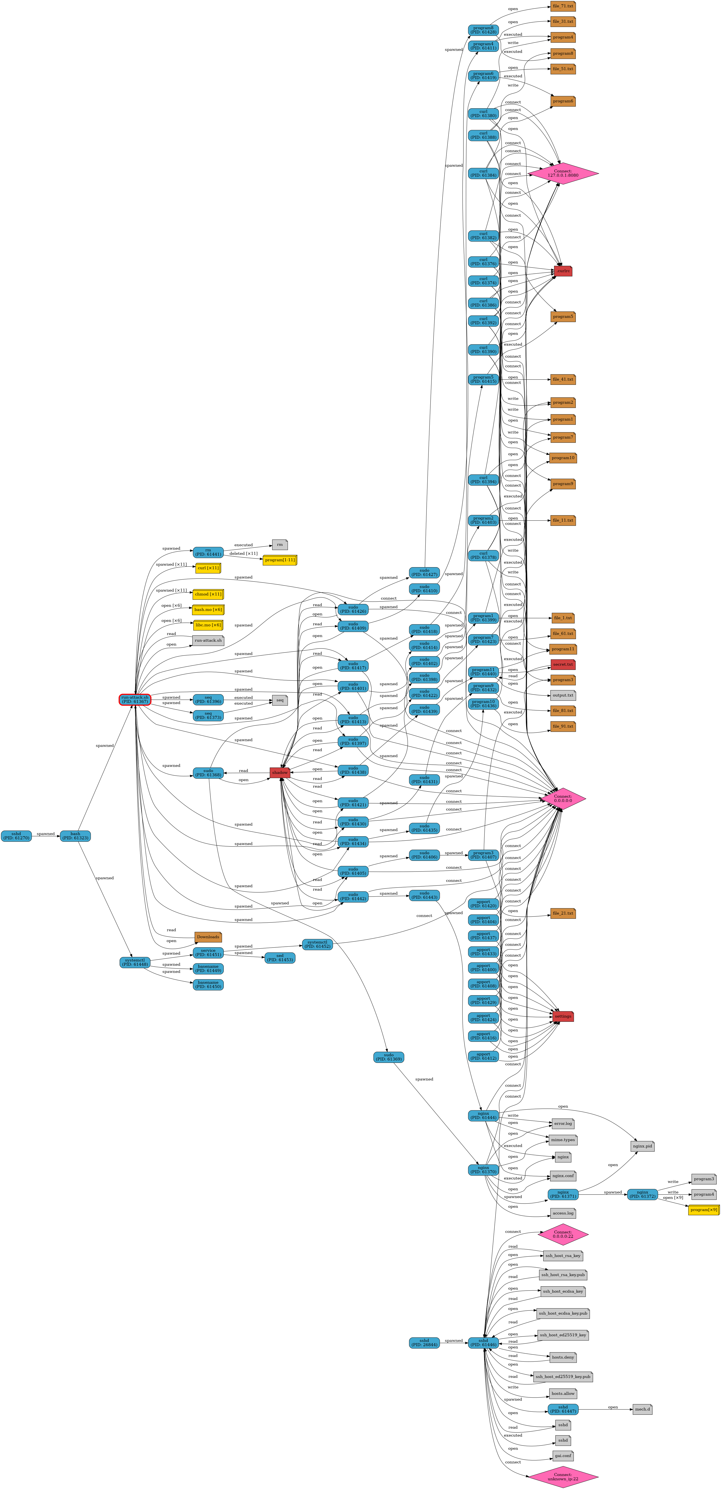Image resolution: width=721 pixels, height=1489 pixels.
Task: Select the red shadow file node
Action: [x=280, y=772]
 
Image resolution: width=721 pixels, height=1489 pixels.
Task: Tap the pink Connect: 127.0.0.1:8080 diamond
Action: [x=563, y=173]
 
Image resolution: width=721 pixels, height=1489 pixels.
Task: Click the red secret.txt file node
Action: [x=562, y=664]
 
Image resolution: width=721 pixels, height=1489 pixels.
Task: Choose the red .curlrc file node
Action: [x=563, y=271]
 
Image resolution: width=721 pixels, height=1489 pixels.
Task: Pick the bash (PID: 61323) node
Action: [x=75, y=836]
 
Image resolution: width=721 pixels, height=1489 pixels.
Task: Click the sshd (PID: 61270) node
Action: [x=16, y=836]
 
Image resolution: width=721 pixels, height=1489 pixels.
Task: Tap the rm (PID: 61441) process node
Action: [x=208, y=552]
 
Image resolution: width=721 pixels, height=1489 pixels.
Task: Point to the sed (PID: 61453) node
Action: [x=280, y=958]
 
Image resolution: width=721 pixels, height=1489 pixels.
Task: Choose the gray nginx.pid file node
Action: [x=642, y=1146]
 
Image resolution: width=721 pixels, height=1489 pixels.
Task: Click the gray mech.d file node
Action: [x=642, y=1409]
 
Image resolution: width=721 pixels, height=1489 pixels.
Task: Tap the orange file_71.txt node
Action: [x=563, y=6]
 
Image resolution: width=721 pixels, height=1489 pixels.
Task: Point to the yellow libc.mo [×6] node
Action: [x=208, y=625]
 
